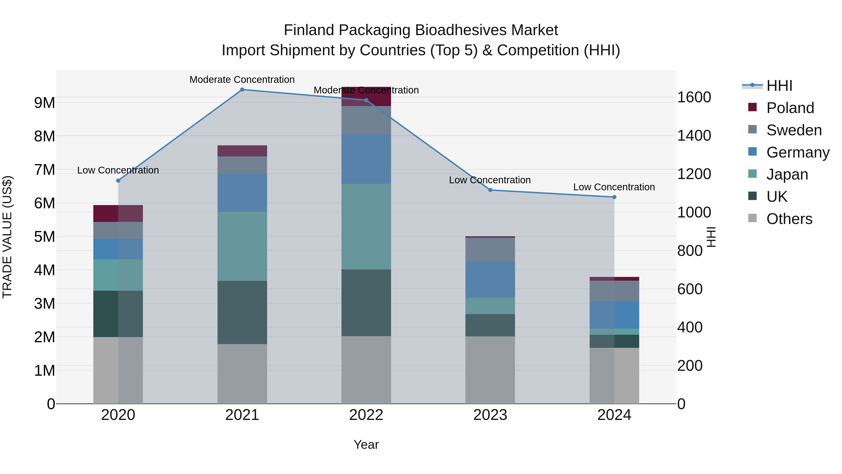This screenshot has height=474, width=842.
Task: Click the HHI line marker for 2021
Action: [x=242, y=90]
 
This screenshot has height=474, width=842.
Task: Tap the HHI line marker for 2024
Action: [x=614, y=197]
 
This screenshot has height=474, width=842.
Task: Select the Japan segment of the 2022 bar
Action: [x=366, y=226]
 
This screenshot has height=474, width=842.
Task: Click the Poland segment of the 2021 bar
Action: [x=242, y=151]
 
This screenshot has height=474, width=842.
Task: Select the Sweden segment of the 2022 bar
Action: [x=366, y=120]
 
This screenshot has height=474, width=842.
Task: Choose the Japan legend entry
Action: [x=787, y=174]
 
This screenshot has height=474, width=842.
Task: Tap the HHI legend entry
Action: [x=779, y=86]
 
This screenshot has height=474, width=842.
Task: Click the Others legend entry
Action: [x=789, y=219]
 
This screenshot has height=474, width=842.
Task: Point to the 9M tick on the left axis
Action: [x=44, y=103]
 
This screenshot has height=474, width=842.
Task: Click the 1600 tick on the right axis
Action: [x=694, y=97]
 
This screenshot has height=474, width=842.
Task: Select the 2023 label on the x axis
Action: [x=490, y=415]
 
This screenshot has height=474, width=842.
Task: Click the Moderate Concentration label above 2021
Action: [x=242, y=80]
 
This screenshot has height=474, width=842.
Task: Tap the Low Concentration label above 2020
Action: [x=118, y=170]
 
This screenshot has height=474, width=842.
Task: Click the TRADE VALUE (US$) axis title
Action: [x=7, y=237]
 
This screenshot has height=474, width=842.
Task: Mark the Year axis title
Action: [x=366, y=445]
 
